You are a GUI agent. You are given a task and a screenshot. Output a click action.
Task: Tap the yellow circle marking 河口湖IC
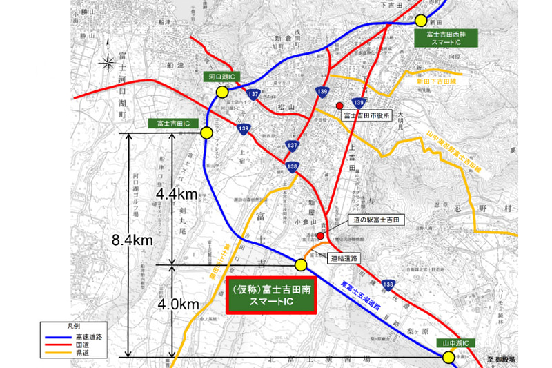(x=222, y=92)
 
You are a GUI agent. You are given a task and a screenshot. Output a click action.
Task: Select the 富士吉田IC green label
(x=173, y=123)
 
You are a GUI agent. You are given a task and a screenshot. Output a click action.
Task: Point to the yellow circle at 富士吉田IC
(x=206, y=134)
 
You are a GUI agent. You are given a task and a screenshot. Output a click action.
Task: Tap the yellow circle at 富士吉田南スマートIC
(x=301, y=264)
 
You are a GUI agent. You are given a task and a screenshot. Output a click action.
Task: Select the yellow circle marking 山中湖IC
(x=449, y=356)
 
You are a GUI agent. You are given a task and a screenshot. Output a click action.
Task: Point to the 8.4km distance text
(x=132, y=240)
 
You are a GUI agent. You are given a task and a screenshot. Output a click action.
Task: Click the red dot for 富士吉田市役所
(x=339, y=106)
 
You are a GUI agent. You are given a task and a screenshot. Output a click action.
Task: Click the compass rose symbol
(x=107, y=64)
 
